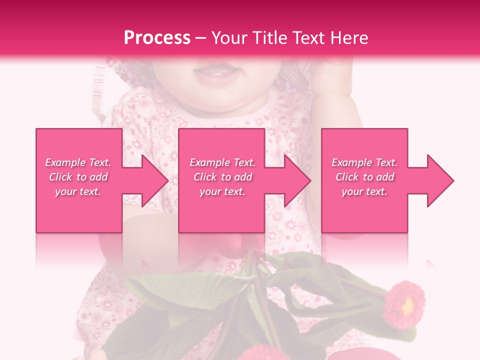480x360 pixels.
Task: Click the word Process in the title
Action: [x=157, y=37]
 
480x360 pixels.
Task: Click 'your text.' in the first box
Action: [x=78, y=191]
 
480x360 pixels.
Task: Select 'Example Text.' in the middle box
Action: [x=222, y=162]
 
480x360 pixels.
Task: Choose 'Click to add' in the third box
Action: [x=365, y=177]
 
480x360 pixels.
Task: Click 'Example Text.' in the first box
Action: [x=78, y=162]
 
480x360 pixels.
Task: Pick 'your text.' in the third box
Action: [x=364, y=191]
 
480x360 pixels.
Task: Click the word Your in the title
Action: [x=229, y=37]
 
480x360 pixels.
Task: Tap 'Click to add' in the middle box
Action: [x=222, y=177]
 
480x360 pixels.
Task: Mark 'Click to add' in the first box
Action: [x=78, y=177]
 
